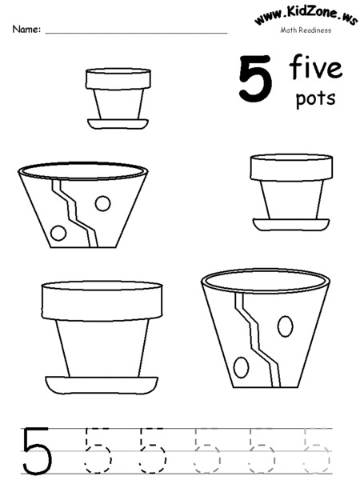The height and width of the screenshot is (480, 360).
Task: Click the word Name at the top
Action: coord(25,30)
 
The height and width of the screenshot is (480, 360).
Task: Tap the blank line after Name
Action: coord(136,33)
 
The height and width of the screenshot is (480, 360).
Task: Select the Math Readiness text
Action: coord(305,31)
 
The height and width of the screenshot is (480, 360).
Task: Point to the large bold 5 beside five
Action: coord(254,79)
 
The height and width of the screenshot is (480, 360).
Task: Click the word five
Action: coord(316,69)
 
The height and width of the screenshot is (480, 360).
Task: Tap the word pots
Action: coord(315,99)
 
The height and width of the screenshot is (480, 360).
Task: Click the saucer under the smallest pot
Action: coord(118,124)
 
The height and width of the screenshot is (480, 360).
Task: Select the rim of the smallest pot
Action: coord(118,78)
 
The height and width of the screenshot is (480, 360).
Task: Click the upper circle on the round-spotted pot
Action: coord(102,203)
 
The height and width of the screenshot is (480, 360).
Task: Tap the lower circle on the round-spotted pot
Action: coord(58,233)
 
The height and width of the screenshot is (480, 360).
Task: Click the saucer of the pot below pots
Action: coord(290,225)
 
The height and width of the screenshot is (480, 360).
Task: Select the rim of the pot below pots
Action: coord(291,167)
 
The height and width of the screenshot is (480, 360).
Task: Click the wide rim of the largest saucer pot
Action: coord(102,301)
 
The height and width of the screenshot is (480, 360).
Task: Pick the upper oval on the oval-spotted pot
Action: coord(284,326)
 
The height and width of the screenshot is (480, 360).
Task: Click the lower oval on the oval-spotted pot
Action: coord(241,367)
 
